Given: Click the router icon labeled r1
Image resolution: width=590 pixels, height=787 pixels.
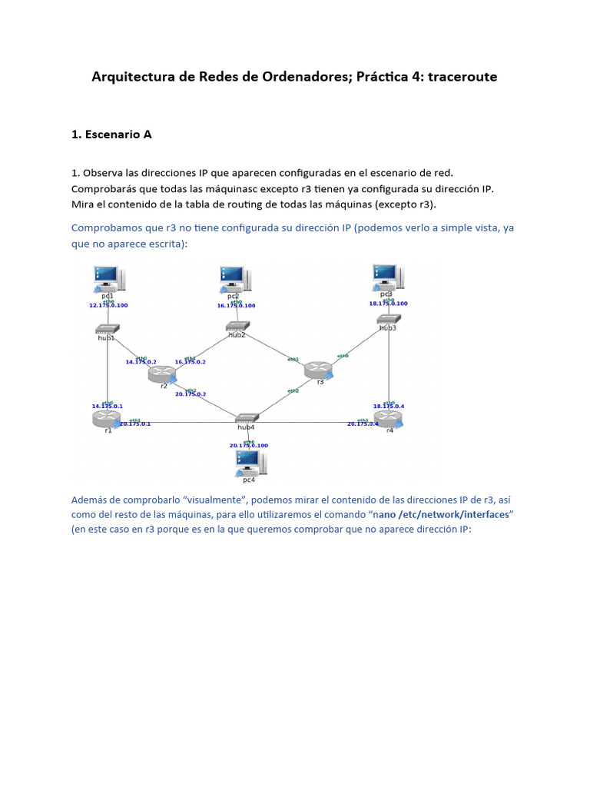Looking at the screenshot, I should tap(104, 418).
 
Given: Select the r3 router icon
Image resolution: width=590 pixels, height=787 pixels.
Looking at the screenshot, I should tap(318, 370).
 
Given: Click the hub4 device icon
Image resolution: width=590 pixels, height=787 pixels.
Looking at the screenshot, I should tap(246, 418).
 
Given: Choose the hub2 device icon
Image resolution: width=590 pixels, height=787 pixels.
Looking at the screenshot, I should tap(237, 327).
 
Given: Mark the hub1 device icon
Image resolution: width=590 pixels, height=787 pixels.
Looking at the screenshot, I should tap(106, 329).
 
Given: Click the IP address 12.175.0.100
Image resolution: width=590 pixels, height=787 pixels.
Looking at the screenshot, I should tap(108, 305).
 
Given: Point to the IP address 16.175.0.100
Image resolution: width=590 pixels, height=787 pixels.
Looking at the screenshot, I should tap(236, 305).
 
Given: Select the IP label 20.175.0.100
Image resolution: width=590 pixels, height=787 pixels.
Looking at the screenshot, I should tap(248, 445).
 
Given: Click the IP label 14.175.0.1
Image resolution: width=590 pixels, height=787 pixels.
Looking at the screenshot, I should tap(107, 405).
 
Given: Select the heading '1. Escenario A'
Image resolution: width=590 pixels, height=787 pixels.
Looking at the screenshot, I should tap(111, 134).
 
